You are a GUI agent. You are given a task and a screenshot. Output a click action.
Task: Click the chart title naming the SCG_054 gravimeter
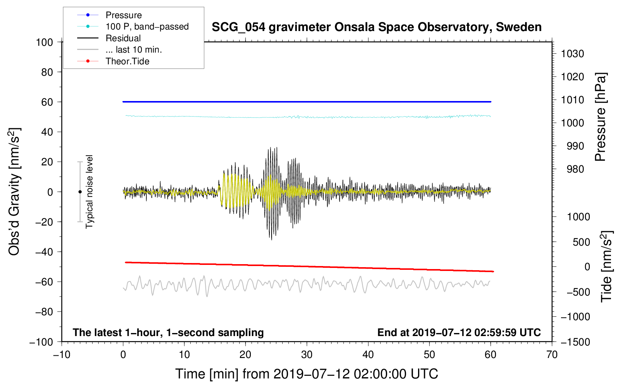pos(376,27)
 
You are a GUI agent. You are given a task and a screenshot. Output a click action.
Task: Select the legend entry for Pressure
pos(123,15)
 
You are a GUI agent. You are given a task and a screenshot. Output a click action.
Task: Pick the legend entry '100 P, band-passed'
pos(147,26)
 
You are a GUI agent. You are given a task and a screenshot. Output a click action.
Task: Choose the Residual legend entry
pos(123,38)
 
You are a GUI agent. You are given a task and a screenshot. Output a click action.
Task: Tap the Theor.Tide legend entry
pos(127,61)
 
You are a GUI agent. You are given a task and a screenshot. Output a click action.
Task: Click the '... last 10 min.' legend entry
pos(134,50)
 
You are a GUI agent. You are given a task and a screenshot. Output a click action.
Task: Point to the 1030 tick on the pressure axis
pos(572,54)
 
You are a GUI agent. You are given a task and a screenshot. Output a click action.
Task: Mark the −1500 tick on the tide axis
pos(575,342)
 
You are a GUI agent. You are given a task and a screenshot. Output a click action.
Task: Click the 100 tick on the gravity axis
pos(44,42)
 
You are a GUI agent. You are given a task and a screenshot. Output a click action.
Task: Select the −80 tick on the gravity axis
pos(44,312)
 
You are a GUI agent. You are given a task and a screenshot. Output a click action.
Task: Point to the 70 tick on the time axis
pos(552,355)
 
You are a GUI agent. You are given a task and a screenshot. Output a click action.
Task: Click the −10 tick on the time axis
pos(62,355)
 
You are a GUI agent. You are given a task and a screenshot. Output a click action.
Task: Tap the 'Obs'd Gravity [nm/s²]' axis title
pos(14,192)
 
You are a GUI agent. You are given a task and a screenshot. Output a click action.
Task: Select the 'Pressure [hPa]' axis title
pos(600,117)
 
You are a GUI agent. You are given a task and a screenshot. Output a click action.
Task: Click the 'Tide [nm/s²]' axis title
pos(606,266)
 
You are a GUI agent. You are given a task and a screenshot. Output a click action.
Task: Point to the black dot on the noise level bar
pos(80,192)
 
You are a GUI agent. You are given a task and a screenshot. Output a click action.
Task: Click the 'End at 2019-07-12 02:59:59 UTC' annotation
pos(459,332)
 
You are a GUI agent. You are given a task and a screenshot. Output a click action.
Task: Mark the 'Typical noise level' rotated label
pos(89,192)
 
